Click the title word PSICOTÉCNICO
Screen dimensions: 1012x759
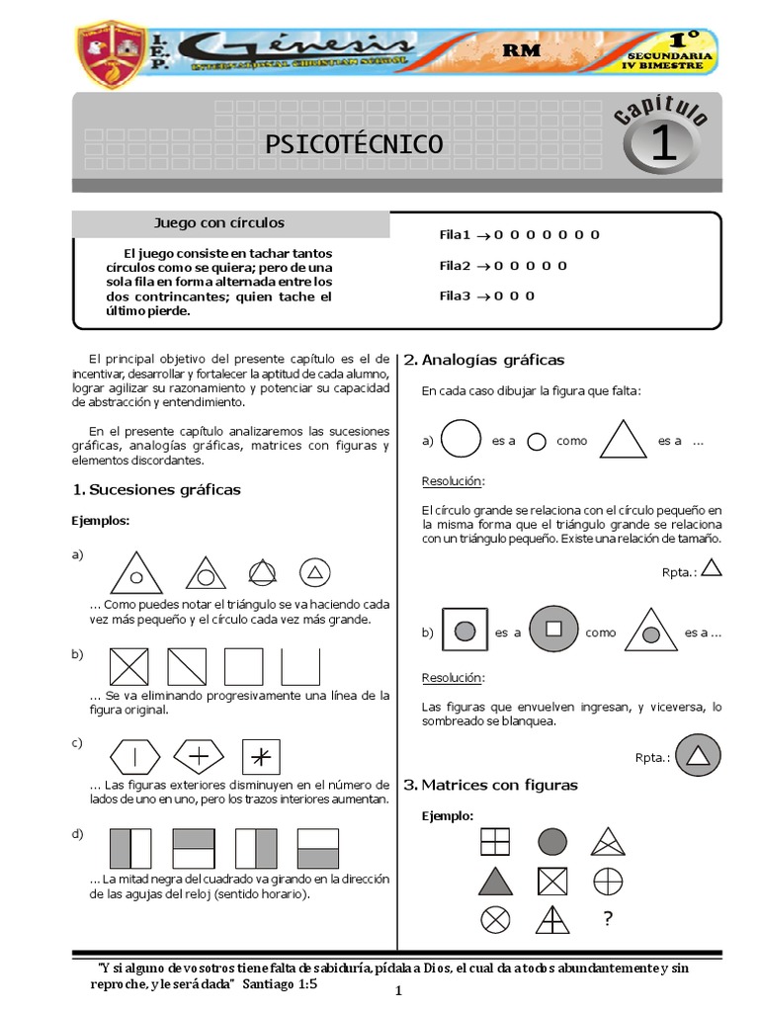pyautogui.click(x=355, y=144)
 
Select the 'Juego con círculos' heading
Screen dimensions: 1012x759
pyautogui.click(x=218, y=223)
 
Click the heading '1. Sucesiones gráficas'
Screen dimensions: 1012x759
pyautogui.click(x=157, y=490)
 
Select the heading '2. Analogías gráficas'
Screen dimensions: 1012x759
pyautogui.click(x=483, y=360)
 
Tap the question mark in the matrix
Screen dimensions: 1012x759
pyautogui.click(x=607, y=920)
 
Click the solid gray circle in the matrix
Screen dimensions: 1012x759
pyautogui.click(x=552, y=841)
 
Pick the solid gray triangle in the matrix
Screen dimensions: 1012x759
pyautogui.click(x=496, y=881)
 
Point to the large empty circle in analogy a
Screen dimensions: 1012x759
pyautogui.click(x=461, y=440)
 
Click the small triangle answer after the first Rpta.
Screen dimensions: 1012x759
pyautogui.click(x=711, y=567)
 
